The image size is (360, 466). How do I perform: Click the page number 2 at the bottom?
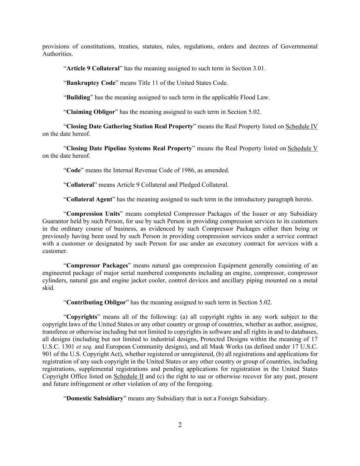[x=180, y=425]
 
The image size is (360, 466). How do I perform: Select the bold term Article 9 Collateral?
[x=93, y=68]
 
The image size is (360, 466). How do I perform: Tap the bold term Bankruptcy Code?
[x=91, y=83]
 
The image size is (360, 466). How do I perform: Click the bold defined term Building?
[x=78, y=97]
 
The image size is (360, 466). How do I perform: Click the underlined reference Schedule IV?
[x=301, y=126]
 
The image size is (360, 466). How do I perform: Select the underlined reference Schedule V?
[x=302, y=148]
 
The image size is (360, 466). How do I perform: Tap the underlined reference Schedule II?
[x=128, y=376]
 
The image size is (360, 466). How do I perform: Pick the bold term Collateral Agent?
[x=89, y=199]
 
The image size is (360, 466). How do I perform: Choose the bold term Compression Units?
[x=93, y=214]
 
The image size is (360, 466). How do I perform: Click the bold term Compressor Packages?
[x=97, y=265]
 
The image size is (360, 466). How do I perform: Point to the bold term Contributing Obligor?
[x=96, y=302]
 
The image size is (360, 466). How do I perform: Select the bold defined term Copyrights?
[x=82, y=317]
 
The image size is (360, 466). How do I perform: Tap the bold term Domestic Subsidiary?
[x=95, y=398]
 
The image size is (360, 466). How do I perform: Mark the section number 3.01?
[x=258, y=68]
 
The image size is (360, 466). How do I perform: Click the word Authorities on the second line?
[x=57, y=54]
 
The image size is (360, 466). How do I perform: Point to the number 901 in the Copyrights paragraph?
[x=47, y=354]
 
